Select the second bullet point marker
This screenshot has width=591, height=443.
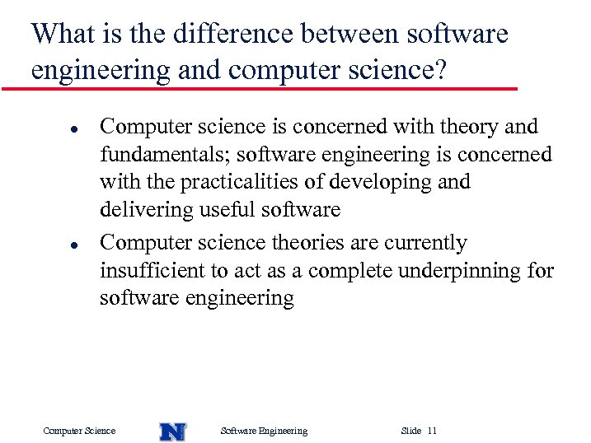click(50, 245)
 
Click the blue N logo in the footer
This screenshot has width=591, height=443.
click(172, 431)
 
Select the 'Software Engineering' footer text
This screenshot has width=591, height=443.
click(264, 431)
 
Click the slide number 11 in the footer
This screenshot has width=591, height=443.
click(433, 431)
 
